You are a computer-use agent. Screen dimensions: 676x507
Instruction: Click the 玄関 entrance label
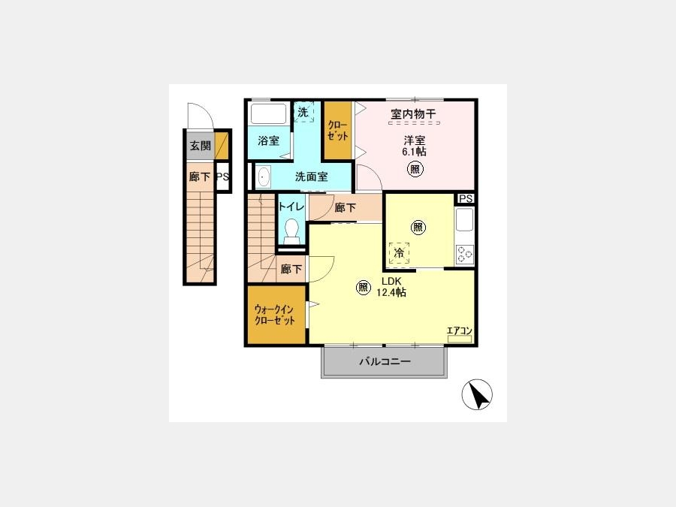point(201,145)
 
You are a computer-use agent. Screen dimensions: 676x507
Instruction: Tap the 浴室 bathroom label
point(269,140)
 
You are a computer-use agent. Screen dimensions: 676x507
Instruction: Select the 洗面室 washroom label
point(311,177)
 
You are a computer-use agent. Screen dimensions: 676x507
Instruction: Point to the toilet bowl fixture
point(292,231)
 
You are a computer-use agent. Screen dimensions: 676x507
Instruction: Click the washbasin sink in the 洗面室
point(264,177)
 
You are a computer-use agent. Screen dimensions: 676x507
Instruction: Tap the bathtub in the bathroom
point(268,113)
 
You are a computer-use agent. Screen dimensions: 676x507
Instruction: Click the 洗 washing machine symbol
point(303,112)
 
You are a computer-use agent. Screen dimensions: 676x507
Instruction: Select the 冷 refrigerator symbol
point(400,253)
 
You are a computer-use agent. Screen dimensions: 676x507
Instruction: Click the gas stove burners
point(465,254)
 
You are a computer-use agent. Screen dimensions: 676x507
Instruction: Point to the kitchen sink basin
point(465,220)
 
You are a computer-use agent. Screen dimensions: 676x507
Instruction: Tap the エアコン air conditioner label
point(460,330)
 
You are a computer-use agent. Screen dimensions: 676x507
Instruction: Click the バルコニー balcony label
point(385,361)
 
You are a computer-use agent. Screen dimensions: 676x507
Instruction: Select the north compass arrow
point(479,395)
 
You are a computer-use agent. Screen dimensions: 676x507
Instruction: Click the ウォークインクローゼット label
point(275,315)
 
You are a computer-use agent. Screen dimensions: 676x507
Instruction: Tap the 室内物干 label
point(413,114)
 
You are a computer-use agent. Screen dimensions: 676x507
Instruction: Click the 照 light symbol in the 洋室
point(415,168)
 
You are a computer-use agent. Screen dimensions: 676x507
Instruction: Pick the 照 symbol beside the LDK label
point(363,287)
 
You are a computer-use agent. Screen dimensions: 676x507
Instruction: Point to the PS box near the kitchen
point(466,198)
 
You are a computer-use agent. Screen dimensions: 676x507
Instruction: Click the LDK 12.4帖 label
point(391,287)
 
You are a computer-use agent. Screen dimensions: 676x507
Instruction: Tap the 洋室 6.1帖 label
point(415,146)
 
